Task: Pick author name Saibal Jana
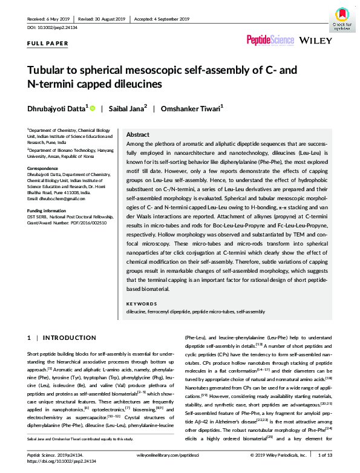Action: tap(125, 109)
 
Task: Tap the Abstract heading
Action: tap(137, 135)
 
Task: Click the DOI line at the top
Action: tap(53, 28)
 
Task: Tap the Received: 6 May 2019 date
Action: tap(50, 18)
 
